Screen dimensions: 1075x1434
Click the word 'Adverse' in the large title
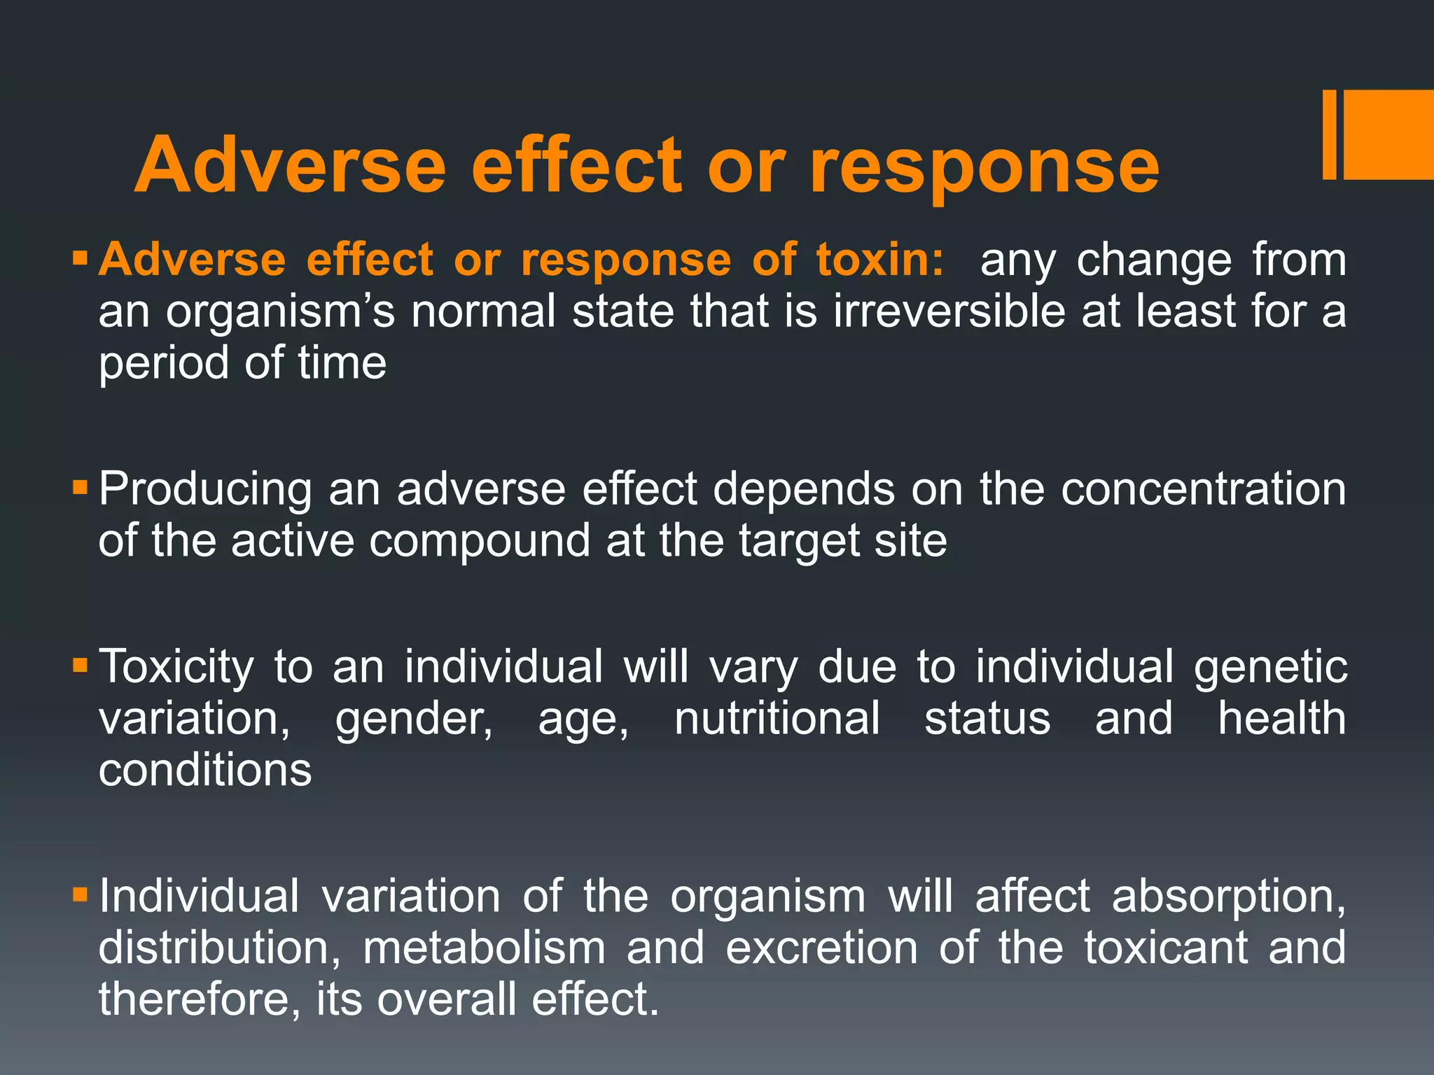click(290, 165)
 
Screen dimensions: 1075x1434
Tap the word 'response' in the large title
click(984, 167)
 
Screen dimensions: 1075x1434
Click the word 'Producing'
click(204, 489)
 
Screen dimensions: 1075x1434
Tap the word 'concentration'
click(1204, 489)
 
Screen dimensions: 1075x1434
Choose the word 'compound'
click(480, 542)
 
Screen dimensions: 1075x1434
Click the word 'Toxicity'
click(176, 666)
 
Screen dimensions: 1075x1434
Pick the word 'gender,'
click(414, 719)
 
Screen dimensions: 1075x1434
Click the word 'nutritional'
click(777, 719)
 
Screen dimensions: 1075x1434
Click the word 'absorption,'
click(1229, 897)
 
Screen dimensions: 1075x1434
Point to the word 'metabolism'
click(484, 948)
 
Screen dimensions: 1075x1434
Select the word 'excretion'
click(821, 948)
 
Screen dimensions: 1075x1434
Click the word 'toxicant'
click(1166, 948)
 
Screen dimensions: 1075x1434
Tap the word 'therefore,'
click(194, 999)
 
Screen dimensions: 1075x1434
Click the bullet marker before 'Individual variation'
click(80, 894)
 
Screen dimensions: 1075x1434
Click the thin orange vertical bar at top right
click(1329, 134)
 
